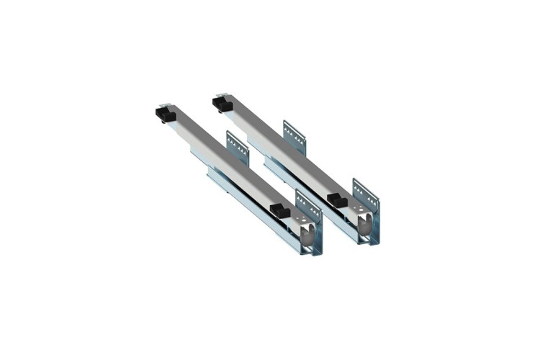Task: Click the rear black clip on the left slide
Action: point(166,114)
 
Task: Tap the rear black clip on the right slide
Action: point(222,105)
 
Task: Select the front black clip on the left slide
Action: point(279,211)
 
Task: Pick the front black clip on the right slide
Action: point(336,200)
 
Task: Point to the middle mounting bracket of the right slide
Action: point(294,136)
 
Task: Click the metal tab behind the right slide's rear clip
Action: point(220,95)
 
